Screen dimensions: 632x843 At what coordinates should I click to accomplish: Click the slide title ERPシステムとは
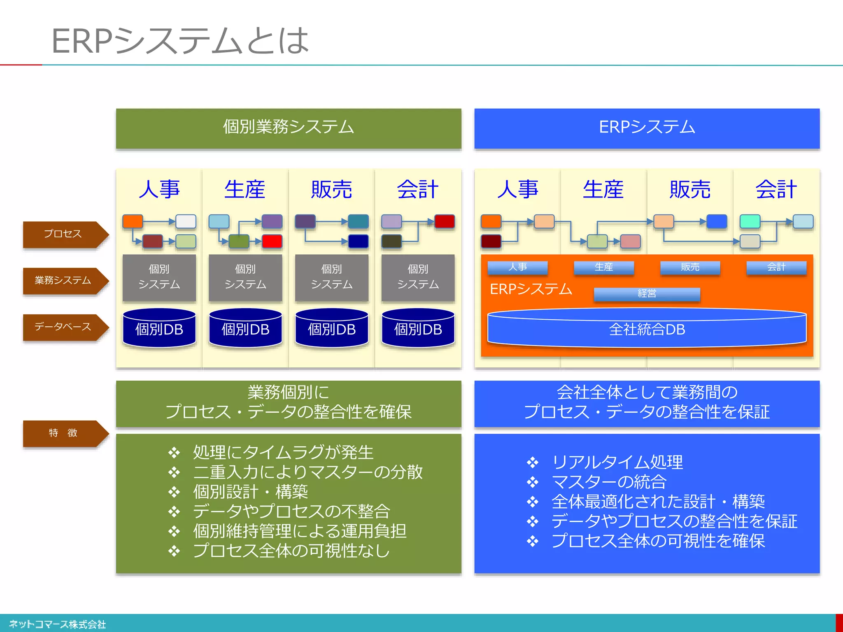tap(180, 41)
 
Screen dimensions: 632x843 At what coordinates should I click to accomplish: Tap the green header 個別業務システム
tap(288, 128)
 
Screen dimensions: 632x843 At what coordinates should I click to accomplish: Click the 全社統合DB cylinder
tap(647, 330)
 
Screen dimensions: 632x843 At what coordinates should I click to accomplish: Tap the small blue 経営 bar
tap(647, 294)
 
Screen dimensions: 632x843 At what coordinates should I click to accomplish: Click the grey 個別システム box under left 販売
tap(331, 277)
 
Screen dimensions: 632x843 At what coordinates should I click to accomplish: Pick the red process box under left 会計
tap(445, 221)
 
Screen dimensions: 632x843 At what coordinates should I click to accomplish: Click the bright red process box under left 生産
tap(272, 241)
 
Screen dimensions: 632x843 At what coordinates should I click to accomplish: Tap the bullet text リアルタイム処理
tap(617, 462)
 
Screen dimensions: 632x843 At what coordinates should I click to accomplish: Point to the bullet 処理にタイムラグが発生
tap(283, 452)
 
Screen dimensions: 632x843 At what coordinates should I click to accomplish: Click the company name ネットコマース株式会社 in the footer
tap(57, 624)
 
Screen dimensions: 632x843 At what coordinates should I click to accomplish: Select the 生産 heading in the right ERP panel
tap(603, 190)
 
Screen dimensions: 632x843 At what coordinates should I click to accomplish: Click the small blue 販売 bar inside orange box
tap(690, 267)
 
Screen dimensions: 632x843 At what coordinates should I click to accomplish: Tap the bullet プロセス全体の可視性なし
tap(291, 551)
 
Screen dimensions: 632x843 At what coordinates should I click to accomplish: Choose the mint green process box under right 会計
tap(750, 221)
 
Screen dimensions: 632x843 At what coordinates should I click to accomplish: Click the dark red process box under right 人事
tap(491, 241)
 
